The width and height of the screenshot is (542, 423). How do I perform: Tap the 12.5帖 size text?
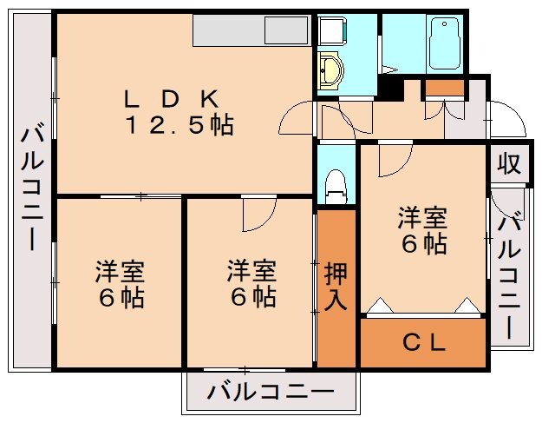tap(180, 126)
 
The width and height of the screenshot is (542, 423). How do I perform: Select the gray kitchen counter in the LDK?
tap(251, 32)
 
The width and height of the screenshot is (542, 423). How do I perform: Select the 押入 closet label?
tap(336, 286)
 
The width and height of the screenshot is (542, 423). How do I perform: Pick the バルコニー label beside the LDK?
tap(33, 187)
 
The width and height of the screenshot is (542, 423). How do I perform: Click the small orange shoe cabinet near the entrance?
tap(444, 87)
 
